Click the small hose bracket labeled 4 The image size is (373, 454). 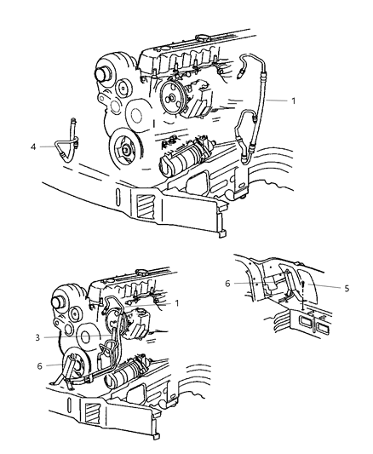pyautogui.click(x=72, y=141)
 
